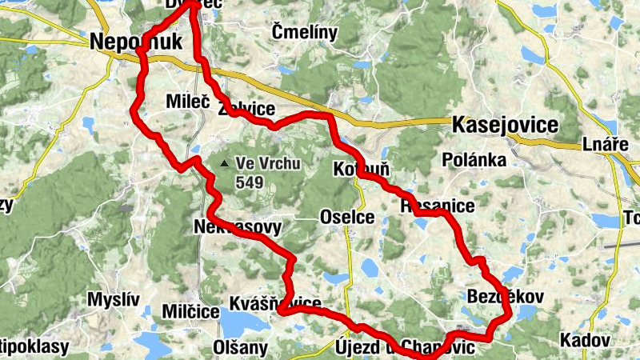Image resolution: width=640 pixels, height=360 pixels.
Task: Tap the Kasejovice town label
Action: pos(505,126)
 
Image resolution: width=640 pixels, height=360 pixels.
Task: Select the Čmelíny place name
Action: pos(305,32)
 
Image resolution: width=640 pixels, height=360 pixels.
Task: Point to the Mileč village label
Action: pos(187,102)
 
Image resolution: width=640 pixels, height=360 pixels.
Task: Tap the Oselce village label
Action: pos(346,217)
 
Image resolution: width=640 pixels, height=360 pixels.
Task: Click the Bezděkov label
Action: pos(504,297)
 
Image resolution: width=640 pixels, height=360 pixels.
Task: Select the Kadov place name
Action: pos(584,339)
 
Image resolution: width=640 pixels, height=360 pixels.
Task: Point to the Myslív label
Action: pos(113,299)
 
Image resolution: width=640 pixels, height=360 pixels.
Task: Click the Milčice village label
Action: pos(190,310)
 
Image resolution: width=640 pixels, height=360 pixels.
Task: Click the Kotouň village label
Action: pos(361,170)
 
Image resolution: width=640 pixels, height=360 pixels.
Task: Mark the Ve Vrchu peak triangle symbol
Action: pos(225,164)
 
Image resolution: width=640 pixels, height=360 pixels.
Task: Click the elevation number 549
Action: pos(250,182)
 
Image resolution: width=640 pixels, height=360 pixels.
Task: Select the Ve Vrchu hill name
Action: pos(267,164)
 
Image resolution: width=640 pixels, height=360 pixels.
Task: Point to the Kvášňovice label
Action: pos(275,304)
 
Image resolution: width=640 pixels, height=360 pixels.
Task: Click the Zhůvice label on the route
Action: pos(246,110)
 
